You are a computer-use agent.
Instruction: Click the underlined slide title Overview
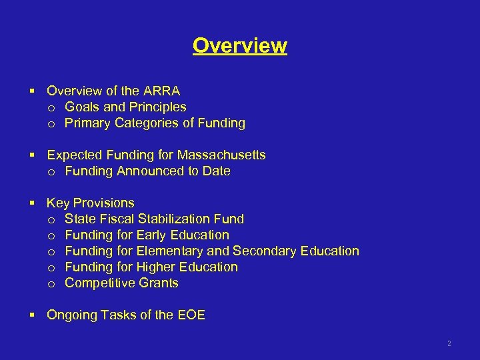click(240, 45)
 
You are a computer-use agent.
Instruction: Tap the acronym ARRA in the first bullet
click(163, 91)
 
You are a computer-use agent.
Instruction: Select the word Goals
click(83, 107)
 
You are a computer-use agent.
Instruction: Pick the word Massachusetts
click(221, 155)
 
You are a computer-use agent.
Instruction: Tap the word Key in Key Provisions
click(58, 203)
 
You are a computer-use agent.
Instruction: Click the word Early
click(151, 235)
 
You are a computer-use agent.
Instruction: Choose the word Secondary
click(264, 251)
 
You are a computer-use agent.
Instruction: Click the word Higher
click(156, 267)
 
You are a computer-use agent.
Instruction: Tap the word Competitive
click(99, 283)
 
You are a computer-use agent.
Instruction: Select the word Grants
click(157, 283)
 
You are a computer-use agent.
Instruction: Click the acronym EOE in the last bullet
click(191, 315)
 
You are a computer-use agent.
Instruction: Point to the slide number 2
click(449, 344)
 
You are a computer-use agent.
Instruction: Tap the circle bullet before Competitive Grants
click(51, 283)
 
